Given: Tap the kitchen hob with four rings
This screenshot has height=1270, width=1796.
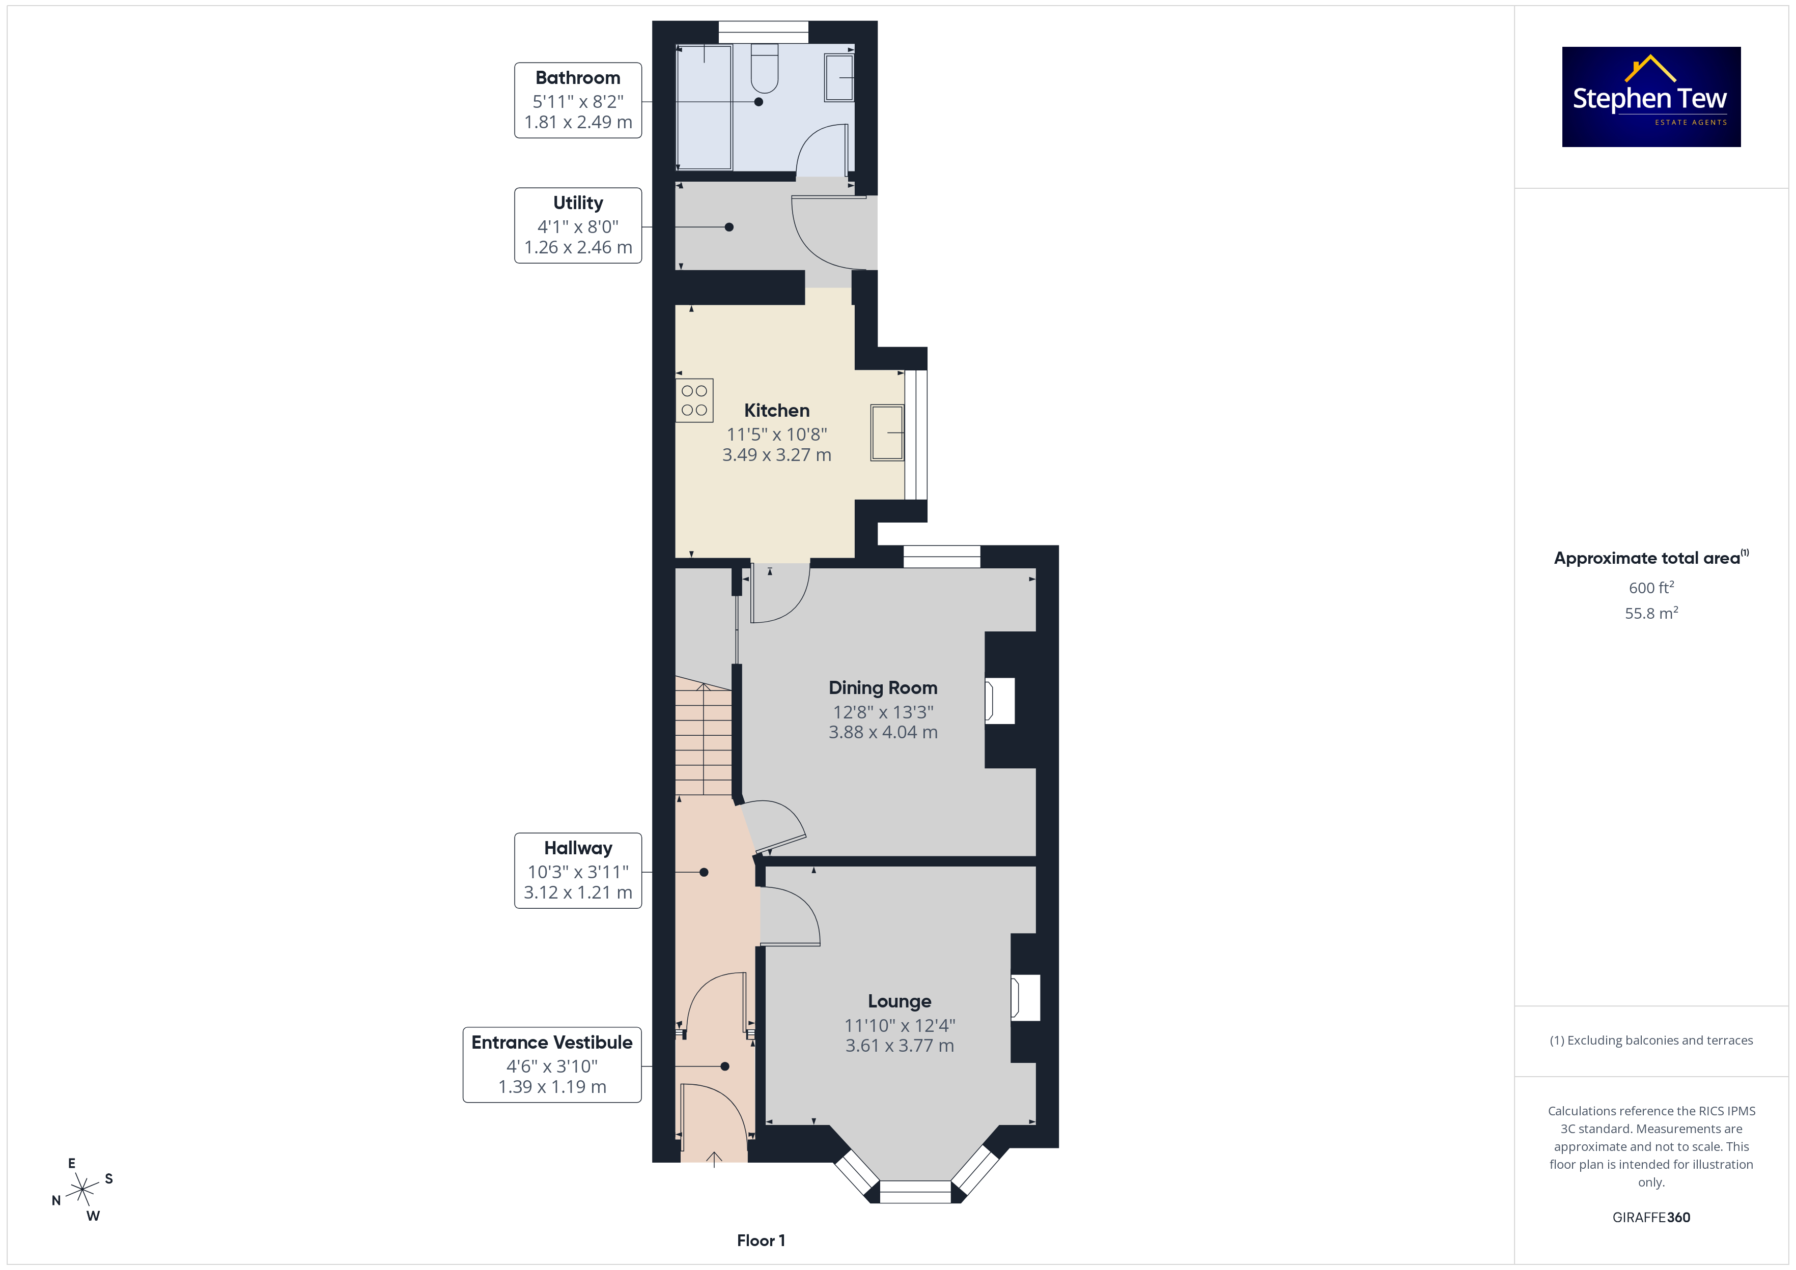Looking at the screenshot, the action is click(x=694, y=400).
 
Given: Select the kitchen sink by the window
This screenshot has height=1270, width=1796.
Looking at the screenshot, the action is click(x=887, y=432).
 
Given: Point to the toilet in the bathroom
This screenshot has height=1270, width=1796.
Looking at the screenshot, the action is click(x=764, y=69).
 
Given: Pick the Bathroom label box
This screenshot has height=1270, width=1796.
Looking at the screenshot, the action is click(x=578, y=100).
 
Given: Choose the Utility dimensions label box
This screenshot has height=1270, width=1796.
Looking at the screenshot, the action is click(x=578, y=225).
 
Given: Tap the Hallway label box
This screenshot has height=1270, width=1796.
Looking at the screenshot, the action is click(x=578, y=871).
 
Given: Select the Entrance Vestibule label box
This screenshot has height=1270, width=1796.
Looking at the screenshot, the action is click(x=552, y=1065).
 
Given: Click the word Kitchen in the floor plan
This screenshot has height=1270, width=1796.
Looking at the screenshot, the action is click(x=777, y=411).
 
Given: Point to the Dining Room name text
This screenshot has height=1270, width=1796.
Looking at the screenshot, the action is click(x=883, y=688).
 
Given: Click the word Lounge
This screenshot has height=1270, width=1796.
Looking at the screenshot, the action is click(x=900, y=1002).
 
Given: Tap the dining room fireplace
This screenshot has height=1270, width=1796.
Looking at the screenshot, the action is click(x=1000, y=701).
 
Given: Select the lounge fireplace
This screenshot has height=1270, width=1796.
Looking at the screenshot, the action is click(x=1025, y=998).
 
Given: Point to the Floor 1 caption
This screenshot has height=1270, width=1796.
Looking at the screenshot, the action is click(x=761, y=1240).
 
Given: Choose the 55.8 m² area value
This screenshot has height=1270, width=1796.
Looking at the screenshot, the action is click(x=1651, y=613).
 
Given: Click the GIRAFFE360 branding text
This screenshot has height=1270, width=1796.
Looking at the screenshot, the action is click(x=1651, y=1217).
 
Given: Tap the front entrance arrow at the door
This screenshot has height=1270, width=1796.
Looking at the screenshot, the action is click(x=714, y=1160).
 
